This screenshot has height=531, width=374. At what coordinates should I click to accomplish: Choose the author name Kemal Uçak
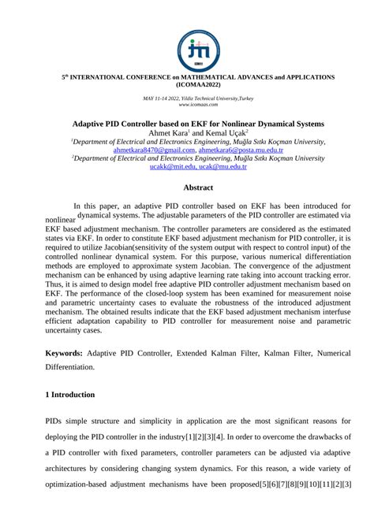pyautogui.click(x=230, y=132)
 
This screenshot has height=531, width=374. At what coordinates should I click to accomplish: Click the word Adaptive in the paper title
pyautogui.click(x=92, y=124)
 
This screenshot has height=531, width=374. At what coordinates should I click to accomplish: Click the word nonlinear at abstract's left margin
pyautogui.click(x=61, y=220)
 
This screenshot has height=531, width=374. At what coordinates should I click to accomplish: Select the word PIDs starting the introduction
pyautogui.click(x=58, y=420)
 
